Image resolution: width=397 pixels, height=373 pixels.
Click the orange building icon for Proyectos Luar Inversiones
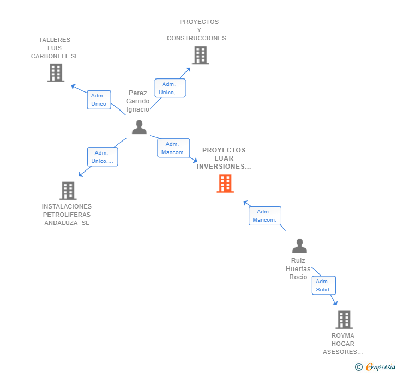[x=225, y=184]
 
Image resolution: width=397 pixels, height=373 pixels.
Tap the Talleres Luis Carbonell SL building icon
[x=56, y=73]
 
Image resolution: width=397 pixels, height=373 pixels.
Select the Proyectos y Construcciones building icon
[x=200, y=55]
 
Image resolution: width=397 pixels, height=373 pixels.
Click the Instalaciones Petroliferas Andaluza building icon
[x=68, y=191]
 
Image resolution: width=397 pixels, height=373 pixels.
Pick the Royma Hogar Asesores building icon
[x=344, y=320]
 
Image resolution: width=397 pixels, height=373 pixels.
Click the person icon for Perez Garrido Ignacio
[x=139, y=127]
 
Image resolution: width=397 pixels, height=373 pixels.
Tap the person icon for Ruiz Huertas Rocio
[x=299, y=246]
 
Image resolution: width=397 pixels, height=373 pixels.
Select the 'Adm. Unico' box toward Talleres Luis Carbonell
[x=99, y=100]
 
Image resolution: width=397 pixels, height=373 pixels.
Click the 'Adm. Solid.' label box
[x=323, y=285]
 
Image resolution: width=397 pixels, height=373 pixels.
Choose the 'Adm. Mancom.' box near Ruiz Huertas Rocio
[x=265, y=216]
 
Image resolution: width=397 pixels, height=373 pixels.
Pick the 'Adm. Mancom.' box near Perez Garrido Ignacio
[x=173, y=148]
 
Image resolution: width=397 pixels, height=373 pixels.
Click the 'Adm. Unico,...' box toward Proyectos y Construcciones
[x=170, y=88]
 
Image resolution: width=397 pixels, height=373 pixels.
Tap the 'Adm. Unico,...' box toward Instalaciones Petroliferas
[x=103, y=157]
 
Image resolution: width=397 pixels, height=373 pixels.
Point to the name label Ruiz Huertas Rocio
[x=298, y=269]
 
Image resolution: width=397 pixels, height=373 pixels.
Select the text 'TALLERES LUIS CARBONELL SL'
[x=55, y=48]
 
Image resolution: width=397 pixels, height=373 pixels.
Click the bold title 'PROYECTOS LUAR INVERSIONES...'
[x=224, y=158]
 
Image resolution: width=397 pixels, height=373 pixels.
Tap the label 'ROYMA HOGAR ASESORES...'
[x=342, y=344]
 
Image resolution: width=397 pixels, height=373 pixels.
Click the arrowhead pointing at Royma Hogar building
[x=335, y=303]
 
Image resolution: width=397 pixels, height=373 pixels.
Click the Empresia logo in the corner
[x=376, y=367]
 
